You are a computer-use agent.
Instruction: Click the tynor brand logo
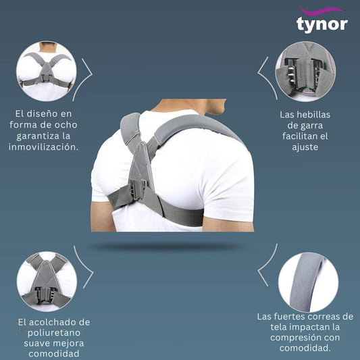click(x=322, y=20)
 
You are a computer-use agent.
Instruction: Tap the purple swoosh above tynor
click(x=322, y=10)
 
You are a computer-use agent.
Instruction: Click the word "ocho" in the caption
click(x=67, y=125)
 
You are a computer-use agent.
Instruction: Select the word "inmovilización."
click(x=44, y=147)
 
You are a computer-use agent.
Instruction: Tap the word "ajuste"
click(x=305, y=147)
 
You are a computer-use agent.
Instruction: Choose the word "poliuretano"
click(x=54, y=333)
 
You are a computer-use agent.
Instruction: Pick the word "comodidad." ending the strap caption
click(x=305, y=348)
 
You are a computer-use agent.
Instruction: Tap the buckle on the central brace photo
click(x=138, y=188)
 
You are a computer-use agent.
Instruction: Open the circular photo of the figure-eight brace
click(x=47, y=71)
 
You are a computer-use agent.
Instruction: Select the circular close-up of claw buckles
click(x=305, y=72)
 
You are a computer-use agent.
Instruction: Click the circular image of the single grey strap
click(x=309, y=282)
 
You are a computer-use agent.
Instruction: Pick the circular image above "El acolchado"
click(x=47, y=282)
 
